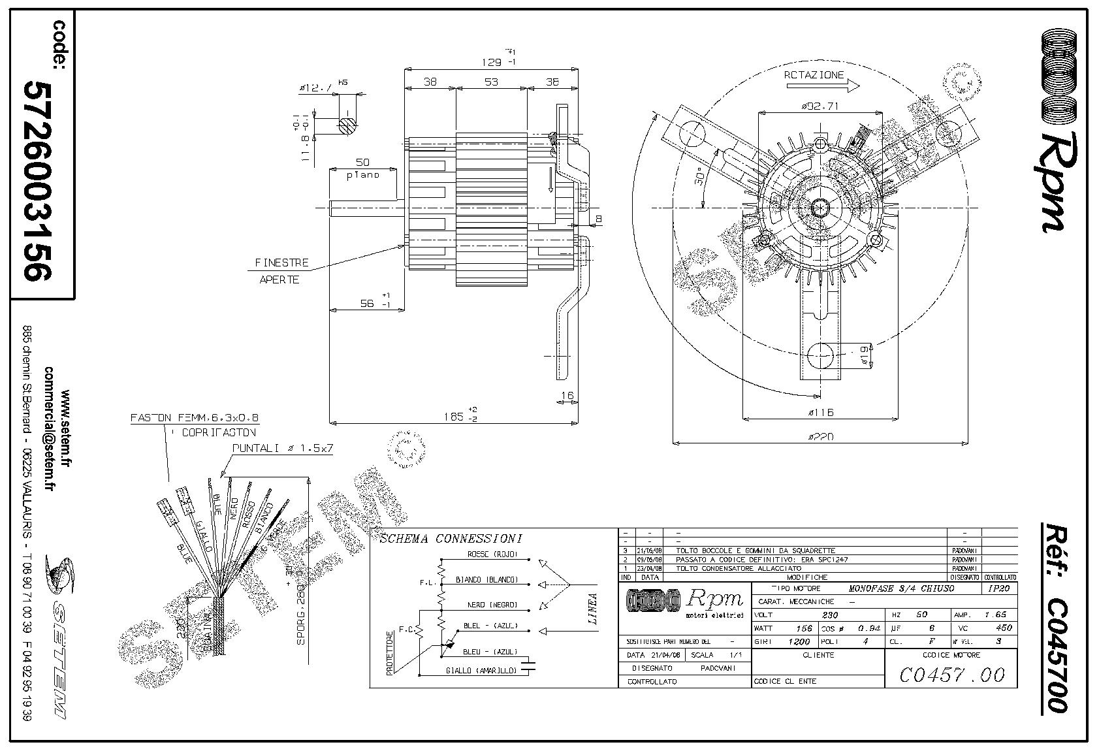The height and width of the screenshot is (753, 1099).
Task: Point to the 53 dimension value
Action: tap(491, 82)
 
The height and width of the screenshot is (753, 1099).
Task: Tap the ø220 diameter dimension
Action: tap(820, 437)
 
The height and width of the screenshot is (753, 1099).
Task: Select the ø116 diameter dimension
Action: tap(820, 413)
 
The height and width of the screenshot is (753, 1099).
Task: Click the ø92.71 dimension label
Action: tap(820, 106)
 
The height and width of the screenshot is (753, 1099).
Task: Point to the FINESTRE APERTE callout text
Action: tap(281, 271)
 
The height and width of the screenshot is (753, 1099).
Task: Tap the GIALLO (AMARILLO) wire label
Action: tap(482, 671)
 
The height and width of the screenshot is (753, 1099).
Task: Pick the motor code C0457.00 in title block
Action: tap(951, 675)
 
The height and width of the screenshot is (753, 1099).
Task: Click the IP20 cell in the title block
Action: tap(999, 588)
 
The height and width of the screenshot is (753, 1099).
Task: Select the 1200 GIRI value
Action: tap(799, 641)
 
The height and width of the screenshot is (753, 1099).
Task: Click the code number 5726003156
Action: tap(37, 180)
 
